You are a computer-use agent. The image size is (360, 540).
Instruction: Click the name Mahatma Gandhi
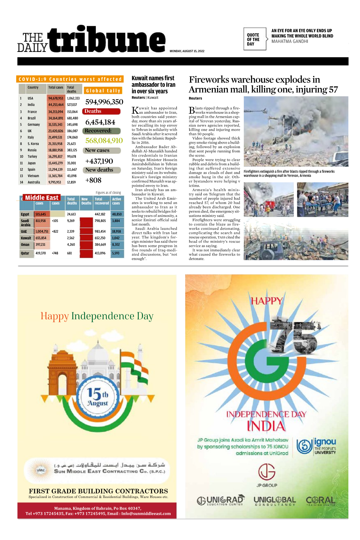tap(290, 41)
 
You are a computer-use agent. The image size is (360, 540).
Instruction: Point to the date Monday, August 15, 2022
tap(187, 51)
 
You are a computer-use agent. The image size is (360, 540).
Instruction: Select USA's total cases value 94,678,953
tap(56, 98)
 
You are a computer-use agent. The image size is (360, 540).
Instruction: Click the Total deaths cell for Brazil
tap(72, 118)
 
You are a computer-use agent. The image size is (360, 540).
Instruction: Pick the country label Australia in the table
tap(34, 182)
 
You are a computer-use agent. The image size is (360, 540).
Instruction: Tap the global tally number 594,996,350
tap(104, 102)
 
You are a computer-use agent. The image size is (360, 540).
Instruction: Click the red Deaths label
tap(93, 111)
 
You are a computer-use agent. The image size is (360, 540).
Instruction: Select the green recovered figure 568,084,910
tap(104, 141)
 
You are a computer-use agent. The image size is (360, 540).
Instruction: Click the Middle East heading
tap(42, 198)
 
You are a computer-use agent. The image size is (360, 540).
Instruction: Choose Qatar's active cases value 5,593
tap(116, 253)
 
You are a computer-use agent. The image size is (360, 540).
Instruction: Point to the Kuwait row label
tap(26, 238)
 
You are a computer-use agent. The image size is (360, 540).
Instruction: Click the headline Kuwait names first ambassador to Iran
tap(153, 85)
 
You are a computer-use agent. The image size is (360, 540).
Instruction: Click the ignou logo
tap(316, 446)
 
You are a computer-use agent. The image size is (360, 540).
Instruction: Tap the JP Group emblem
tap(267, 472)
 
